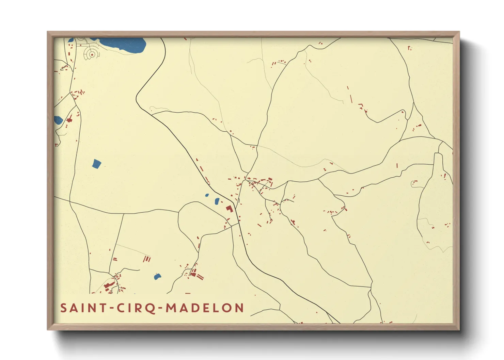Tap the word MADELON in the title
pos(205,308)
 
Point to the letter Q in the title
pos(152,308)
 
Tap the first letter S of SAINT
pos(63,308)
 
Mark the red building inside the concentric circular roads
pos(92,54)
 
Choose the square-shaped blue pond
pos(97,164)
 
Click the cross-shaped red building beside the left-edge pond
pos(69,120)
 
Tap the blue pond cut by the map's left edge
pos(58,120)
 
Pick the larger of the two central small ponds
pos(217,201)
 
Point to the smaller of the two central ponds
pos(207,195)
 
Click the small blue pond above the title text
pos(157,277)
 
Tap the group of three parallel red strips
pos(147,259)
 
